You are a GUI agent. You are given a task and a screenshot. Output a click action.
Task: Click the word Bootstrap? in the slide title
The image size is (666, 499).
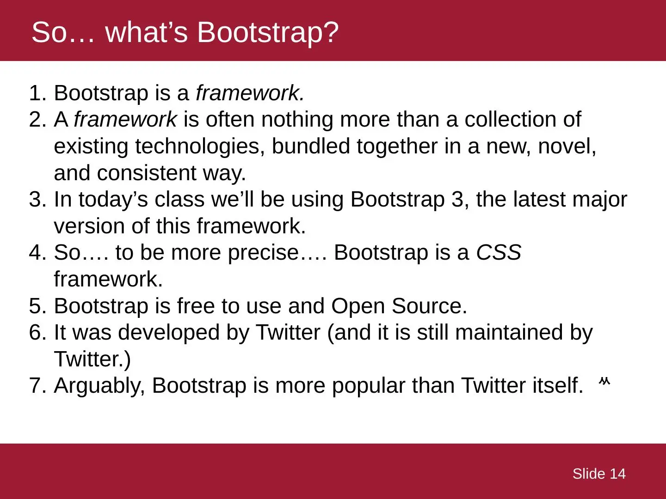click(268, 33)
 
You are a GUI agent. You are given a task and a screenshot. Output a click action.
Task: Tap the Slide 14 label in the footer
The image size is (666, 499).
click(599, 474)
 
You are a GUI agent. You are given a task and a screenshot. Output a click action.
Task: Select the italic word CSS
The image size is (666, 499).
click(499, 252)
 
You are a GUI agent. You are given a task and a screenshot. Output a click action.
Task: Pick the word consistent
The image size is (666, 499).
click(147, 173)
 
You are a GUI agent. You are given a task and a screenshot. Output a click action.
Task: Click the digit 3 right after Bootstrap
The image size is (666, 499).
click(457, 200)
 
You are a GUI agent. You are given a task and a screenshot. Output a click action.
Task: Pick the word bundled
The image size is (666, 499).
click(311, 146)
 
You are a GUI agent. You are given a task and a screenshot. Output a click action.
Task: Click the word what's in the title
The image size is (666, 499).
click(146, 33)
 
